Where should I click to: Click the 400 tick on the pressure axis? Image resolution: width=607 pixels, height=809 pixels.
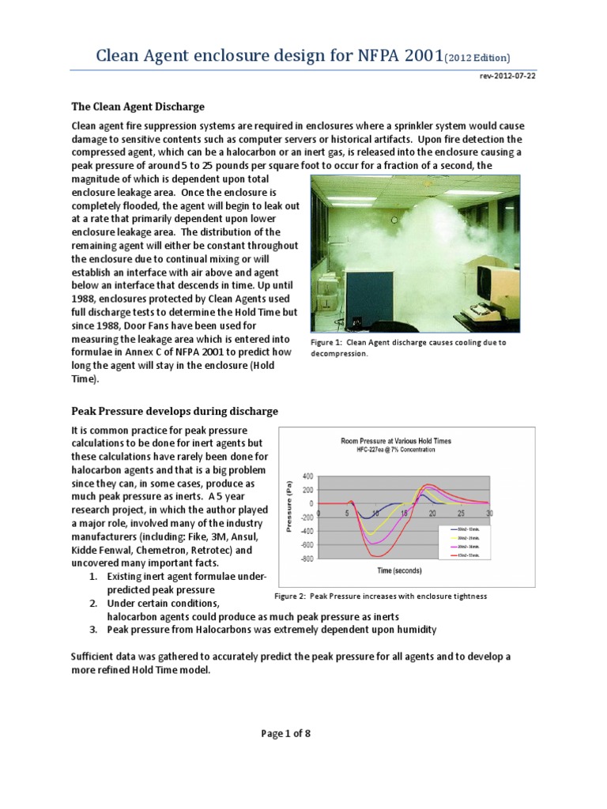pos(307,476)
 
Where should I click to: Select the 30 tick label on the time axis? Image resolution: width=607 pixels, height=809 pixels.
pos(491,512)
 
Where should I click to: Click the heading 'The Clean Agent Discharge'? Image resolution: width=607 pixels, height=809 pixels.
pos(138,107)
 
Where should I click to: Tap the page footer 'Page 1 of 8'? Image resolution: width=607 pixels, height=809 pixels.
pos(286,733)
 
